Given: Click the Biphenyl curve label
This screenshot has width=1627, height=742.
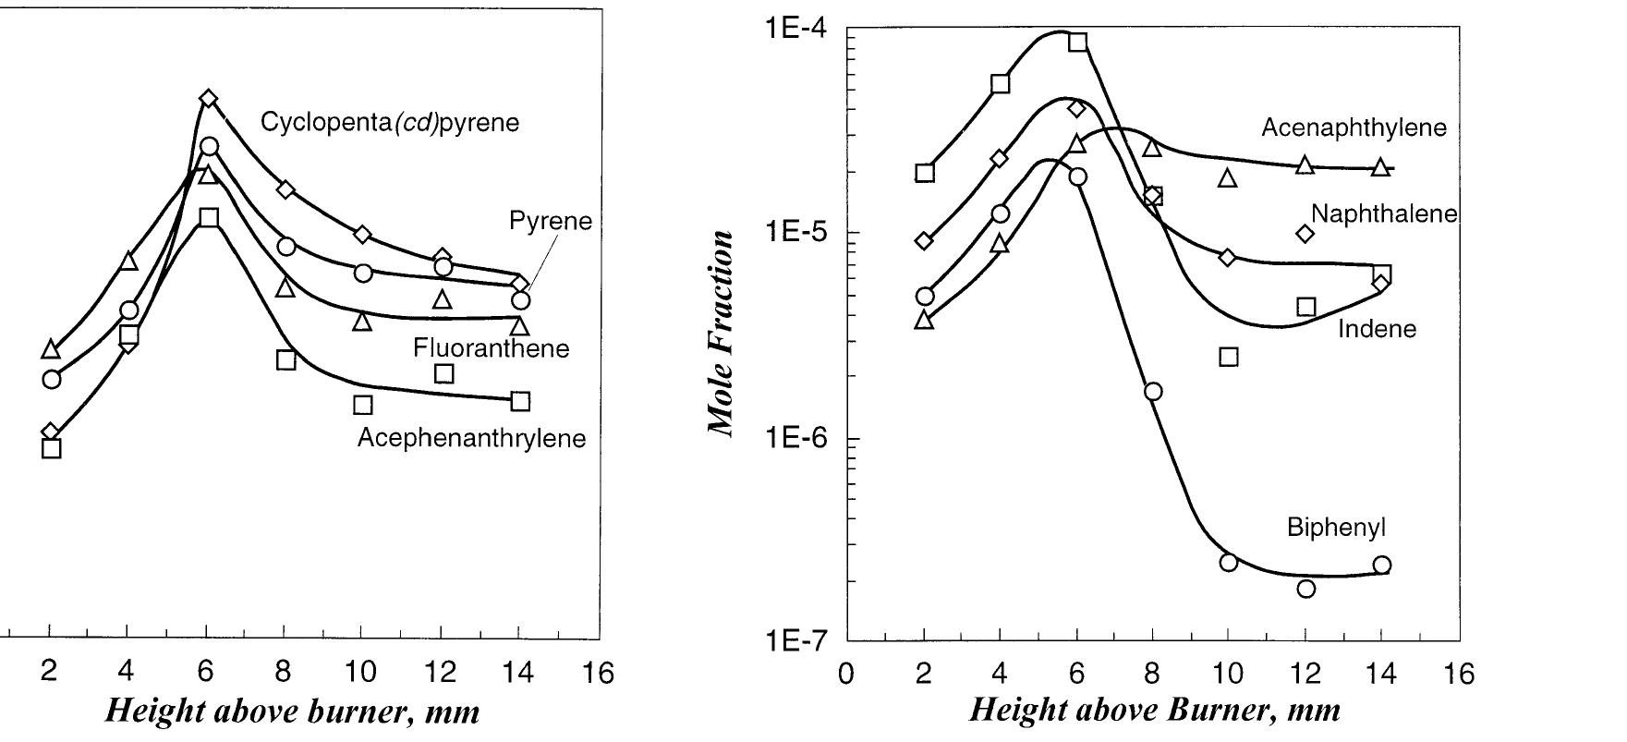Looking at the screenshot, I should coord(1336,529).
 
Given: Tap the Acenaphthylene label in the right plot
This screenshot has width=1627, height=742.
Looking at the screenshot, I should coord(1354,128).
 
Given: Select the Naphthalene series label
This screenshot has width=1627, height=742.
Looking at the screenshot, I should coord(1383,214).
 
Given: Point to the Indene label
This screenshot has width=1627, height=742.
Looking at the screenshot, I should coord(1377,330).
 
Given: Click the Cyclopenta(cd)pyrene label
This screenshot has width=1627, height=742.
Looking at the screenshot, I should coord(389,123).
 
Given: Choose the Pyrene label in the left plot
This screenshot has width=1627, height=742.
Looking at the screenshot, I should coord(550,222).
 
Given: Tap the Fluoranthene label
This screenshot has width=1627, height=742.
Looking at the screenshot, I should coord(491,348).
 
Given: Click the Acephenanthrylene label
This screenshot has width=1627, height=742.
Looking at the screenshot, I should coord(471,438).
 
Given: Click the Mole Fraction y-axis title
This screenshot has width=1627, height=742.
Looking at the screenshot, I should coord(722,333).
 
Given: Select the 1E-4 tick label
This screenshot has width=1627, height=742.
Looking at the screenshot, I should coord(795,29).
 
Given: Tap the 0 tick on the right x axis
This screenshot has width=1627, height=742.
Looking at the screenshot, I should coord(845,674).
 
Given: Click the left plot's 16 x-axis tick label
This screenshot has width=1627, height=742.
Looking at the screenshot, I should coord(599,674).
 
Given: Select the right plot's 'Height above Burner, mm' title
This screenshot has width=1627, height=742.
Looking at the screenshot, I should coord(1154,711).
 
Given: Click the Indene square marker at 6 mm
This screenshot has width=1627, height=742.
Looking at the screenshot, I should coord(1077,43).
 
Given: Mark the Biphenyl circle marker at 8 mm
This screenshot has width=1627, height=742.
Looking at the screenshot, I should coord(1153,392).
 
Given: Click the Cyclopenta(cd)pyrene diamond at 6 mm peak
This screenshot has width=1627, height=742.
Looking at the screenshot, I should coord(209,99).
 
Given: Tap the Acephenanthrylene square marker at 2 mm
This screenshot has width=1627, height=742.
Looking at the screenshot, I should coord(52,449).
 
